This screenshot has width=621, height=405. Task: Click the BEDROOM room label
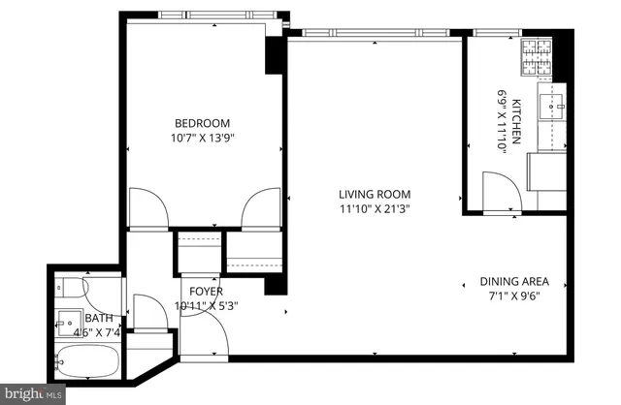click(202, 122)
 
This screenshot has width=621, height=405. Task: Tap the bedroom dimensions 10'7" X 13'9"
click(202, 138)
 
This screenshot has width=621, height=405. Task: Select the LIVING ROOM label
click(375, 192)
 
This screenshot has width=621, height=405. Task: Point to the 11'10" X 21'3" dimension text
click(375, 207)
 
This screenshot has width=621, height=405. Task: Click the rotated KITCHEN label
click(517, 117)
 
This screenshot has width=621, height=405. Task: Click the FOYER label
click(206, 292)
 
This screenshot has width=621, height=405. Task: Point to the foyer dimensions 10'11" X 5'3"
click(206, 306)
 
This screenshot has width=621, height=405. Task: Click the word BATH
click(98, 318)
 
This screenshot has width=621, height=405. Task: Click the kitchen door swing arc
click(500, 191)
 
